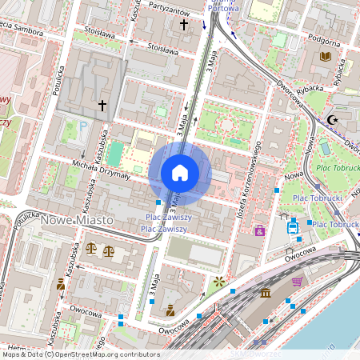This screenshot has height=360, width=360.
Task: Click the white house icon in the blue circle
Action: click(x=180, y=173)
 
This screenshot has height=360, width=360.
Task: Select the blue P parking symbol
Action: click(x=84, y=126)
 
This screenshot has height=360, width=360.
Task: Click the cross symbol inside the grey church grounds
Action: click(x=102, y=105)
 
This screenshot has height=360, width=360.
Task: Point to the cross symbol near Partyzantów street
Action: click(x=184, y=25)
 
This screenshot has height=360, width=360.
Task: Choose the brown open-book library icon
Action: click(x=325, y=56)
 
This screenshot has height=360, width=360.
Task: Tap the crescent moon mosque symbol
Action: click(x=333, y=120)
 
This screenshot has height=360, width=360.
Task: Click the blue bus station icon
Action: click(x=294, y=226)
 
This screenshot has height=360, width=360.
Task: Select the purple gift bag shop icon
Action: click(x=259, y=230)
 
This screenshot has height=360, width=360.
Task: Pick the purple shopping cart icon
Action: click(x=298, y=281)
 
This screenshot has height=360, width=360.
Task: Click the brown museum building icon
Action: click(x=265, y=294)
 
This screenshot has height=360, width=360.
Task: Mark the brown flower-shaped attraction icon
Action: click(x=218, y=282)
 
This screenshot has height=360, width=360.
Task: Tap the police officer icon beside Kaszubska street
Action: click(x=61, y=283)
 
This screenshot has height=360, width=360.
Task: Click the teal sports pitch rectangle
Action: click(x=115, y=154)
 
